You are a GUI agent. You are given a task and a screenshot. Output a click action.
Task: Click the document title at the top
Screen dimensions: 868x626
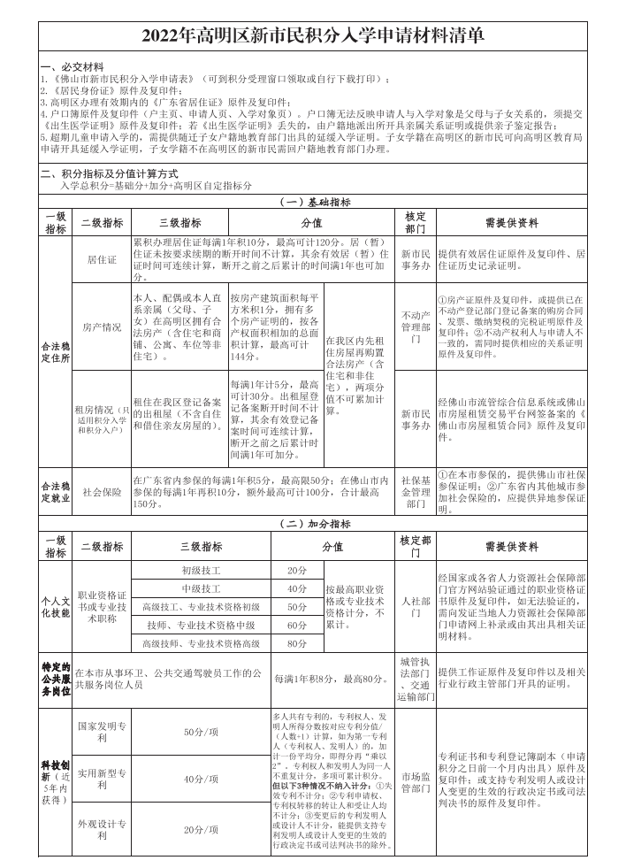pyautogui.click(x=312, y=35)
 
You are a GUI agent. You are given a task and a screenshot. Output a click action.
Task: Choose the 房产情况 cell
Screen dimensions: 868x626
pyautogui.click(x=102, y=326)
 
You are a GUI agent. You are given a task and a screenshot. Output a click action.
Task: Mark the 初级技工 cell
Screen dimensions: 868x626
pyautogui.click(x=201, y=571)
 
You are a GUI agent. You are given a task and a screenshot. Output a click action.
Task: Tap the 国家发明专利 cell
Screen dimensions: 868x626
pyautogui.click(x=102, y=731)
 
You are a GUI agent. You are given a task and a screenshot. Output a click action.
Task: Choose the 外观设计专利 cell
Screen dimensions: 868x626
pyautogui.click(x=102, y=829)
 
